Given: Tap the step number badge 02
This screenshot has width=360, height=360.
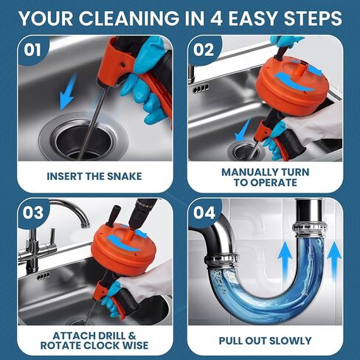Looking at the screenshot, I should click(204, 51).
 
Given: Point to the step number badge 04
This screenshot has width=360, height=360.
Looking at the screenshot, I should click(204, 214).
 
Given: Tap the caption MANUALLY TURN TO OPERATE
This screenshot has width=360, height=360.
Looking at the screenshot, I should click(266, 176).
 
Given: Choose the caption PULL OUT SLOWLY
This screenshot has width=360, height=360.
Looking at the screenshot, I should click(266, 341).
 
